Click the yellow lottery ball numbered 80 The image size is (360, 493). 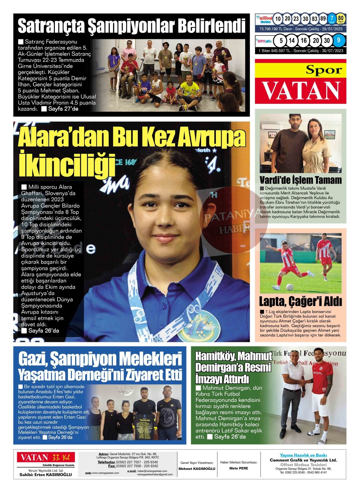pyautogui.click(x=341, y=19)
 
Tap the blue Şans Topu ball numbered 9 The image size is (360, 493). pyautogui.click(x=338, y=40)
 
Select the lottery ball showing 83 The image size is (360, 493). pyautogui.click(x=314, y=19)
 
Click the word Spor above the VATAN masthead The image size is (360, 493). pyautogui.click(x=323, y=70)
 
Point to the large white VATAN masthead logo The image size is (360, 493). pyautogui.click(x=301, y=90)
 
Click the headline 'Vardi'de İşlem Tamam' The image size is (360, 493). pyautogui.click(x=301, y=180)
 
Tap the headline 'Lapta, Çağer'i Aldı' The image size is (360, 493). pyautogui.click(x=300, y=302)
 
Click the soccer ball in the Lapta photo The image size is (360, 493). pyautogui.click(x=289, y=287)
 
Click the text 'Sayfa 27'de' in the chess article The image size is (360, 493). pyautogui.click(x=63, y=109)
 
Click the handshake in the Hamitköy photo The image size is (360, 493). pyautogui.click(x=303, y=383)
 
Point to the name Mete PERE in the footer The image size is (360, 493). pyautogui.click(x=238, y=468)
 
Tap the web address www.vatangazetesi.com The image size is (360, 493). pyautogui.click(x=105, y=473)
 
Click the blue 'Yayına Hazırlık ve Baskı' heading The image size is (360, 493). pyautogui.click(x=303, y=455)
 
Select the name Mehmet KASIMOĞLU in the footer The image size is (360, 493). pyautogui.click(x=197, y=469)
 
